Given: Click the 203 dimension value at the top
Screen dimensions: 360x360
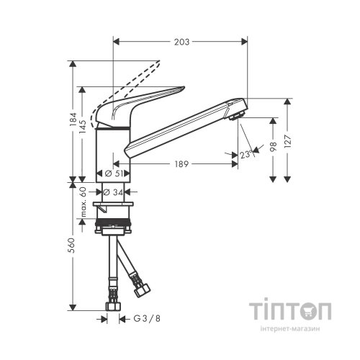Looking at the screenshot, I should coord(181,42).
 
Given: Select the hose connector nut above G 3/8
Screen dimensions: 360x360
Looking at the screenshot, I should coord(114,307).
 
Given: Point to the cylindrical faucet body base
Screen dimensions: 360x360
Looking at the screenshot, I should coord(112,155).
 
